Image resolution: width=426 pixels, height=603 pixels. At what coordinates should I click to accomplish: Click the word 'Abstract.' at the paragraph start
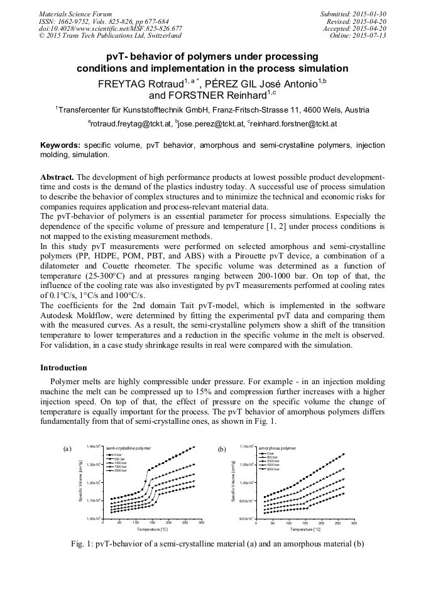(58, 177)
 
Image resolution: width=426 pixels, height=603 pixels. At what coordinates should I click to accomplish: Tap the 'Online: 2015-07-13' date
(359, 36)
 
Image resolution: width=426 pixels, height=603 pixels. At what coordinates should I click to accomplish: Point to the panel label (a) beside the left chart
(68, 449)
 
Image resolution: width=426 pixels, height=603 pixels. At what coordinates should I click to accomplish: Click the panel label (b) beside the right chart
(221, 449)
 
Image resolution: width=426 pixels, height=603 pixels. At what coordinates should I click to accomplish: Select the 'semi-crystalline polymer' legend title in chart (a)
(128, 448)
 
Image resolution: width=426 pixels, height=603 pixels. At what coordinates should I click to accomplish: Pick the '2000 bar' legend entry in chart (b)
(272, 470)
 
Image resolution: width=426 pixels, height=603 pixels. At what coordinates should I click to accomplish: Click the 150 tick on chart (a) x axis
(152, 523)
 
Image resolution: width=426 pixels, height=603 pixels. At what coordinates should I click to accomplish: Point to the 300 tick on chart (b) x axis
(354, 523)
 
